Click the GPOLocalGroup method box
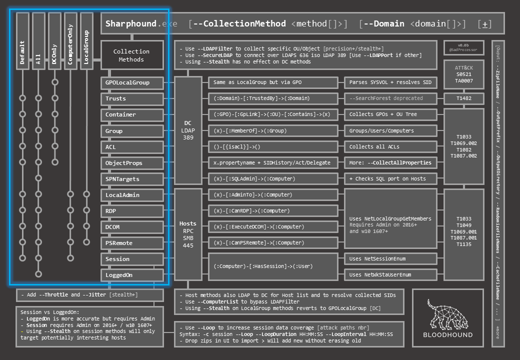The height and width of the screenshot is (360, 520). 132,82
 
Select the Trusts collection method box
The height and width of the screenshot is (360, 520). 132,98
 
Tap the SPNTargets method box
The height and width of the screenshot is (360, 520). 132,179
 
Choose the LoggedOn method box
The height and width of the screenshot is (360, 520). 132,275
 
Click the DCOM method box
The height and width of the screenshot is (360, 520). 132,227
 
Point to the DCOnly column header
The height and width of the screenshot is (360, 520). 54,44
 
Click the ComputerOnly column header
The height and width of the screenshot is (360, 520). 70,44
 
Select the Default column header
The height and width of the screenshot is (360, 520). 22,44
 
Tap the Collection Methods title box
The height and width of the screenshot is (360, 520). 132,55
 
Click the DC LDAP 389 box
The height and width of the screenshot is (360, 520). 188,130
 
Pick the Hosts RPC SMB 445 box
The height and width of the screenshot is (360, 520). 188,234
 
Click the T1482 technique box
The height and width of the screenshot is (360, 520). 463,98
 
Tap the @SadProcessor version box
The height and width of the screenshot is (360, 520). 463,47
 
